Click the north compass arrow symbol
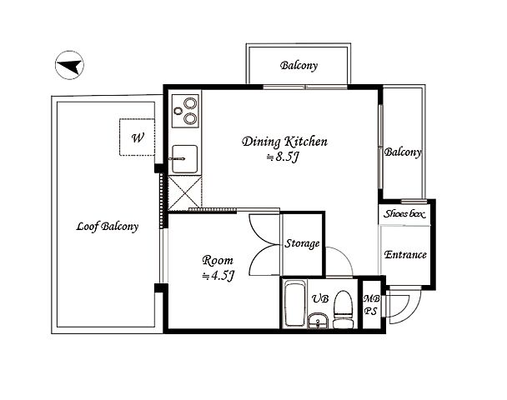click(69, 65)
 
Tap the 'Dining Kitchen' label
click(284, 142)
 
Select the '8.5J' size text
click(283, 157)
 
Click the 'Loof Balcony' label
click(107, 226)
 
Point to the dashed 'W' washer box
click(137, 137)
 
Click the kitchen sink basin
click(184, 159)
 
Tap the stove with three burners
click(185, 111)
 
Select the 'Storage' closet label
click(302, 243)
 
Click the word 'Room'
click(218, 261)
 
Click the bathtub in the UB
click(295, 305)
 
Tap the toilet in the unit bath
click(343, 309)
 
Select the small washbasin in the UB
click(318, 321)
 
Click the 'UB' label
click(320, 298)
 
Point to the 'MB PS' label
click(371, 305)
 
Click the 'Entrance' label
click(405, 255)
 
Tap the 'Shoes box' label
click(404, 214)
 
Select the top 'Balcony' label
click(299, 66)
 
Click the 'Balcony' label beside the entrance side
click(403, 152)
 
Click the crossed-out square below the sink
click(185, 192)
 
